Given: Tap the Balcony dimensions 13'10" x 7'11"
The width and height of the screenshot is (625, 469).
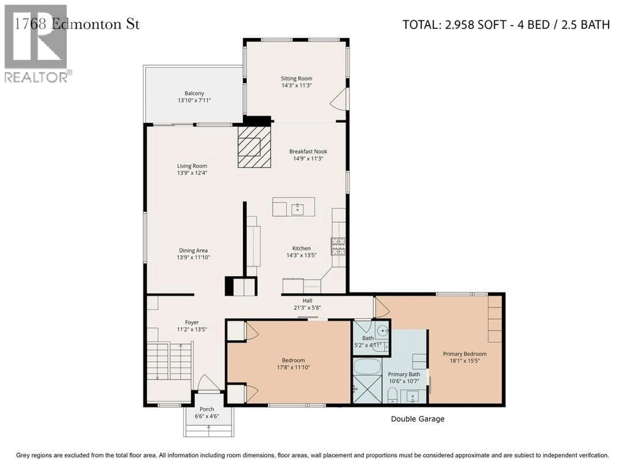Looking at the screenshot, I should pos(194,100).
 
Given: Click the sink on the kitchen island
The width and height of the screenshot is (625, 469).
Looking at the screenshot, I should pos(297,209).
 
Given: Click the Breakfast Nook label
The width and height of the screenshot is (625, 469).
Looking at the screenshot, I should pos(308,151).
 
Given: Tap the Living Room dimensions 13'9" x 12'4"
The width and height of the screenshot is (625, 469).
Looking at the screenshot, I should pos(192,173).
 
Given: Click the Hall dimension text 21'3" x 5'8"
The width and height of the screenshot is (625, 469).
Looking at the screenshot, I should pos(307,308).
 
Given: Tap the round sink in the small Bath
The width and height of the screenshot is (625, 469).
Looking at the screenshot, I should pos(383,330).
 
